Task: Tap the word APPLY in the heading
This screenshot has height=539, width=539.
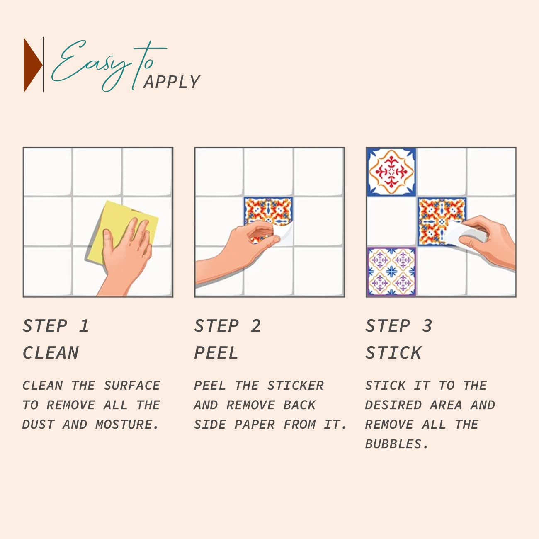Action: click(172, 82)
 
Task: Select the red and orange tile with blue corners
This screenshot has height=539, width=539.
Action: click(391, 172)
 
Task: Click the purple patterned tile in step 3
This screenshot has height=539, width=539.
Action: click(391, 271)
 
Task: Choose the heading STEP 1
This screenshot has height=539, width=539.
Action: click(56, 326)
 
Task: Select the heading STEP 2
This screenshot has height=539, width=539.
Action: click(228, 326)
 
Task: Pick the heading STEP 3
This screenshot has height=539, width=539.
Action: click(399, 326)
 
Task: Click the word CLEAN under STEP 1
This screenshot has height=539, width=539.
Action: click(51, 352)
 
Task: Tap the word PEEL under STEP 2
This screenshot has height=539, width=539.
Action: click(216, 352)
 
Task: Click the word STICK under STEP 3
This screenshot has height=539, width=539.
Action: click(393, 352)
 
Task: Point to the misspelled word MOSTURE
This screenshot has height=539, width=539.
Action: click(127, 425)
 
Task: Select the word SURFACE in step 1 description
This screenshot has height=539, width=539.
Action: click(132, 386)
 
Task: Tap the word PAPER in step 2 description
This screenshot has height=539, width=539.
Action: click(255, 425)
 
